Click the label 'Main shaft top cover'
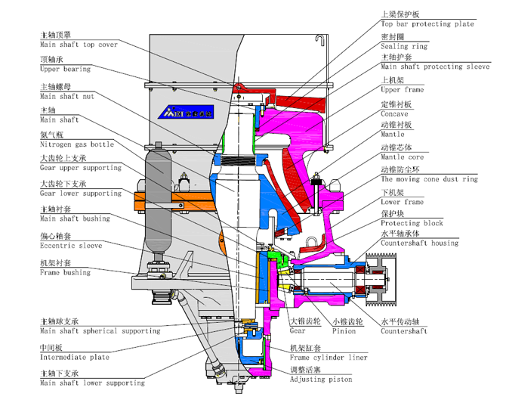(x=79, y=45)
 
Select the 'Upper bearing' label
(x=65, y=69)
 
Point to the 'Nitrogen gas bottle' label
(x=76, y=144)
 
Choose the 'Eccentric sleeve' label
(x=71, y=246)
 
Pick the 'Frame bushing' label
(x=65, y=272)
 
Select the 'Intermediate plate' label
(x=74, y=357)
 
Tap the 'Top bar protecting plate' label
(x=427, y=24)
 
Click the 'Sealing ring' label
(x=404, y=46)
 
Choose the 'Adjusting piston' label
(x=321, y=380)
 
